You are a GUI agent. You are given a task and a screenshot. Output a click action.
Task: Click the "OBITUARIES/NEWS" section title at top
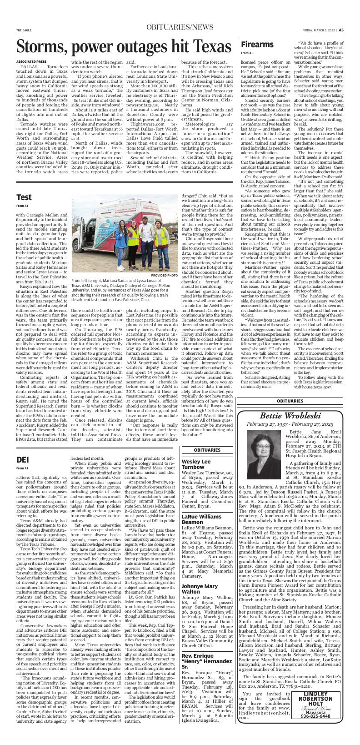pyautogui.click(x=180, y=28)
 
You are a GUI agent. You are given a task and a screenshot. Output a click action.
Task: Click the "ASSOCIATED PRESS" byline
pyautogui.click(x=31, y=61)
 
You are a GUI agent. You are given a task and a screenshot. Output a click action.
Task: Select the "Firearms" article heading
pyautogui.click(x=256, y=44)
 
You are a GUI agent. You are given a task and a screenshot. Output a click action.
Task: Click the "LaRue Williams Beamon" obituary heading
pyautogui.click(x=201, y=519)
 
